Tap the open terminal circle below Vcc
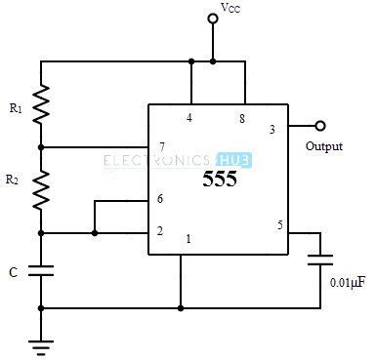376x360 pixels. pyautogui.click(x=212, y=18)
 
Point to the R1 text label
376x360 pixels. pyautogui.click(x=17, y=108)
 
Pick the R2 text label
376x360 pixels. pyautogui.click(x=13, y=180)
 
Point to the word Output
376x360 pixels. pyautogui.click(x=324, y=146)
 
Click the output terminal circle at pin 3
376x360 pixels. pyautogui.click(x=319, y=126)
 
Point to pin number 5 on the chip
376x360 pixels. pyautogui.click(x=280, y=225)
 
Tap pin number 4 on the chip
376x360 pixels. pyautogui.click(x=191, y=119)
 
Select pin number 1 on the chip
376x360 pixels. pyautogui.click(x=189, y=239)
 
